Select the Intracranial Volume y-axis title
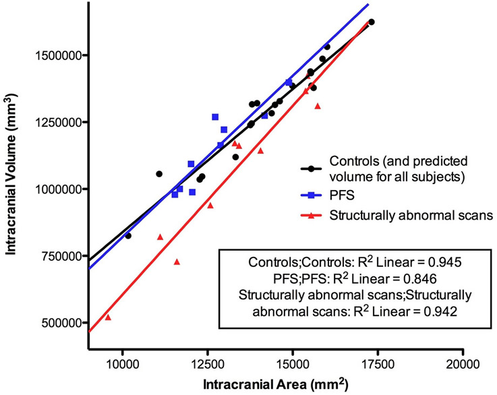coord(13,191)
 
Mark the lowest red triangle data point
coord(108,317)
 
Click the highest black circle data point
coord(371,22)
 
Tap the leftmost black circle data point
coord(128,235)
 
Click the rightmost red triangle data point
coord(318,106)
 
